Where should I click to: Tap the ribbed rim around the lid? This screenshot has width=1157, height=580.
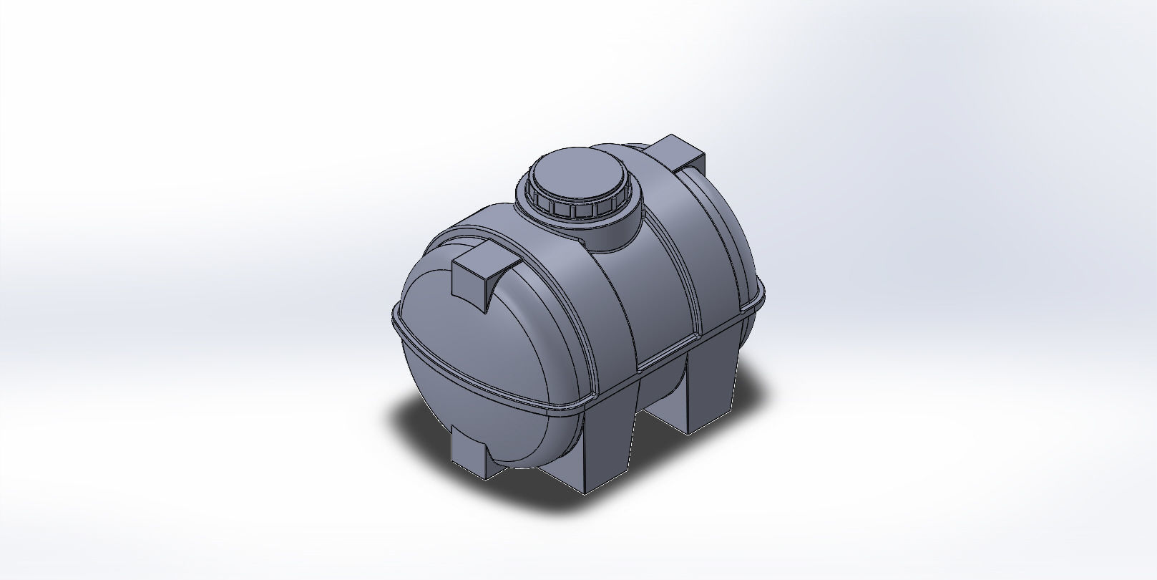click(x=572, y=208)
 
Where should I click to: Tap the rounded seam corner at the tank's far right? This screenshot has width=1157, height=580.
click(x=760, y=286)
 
